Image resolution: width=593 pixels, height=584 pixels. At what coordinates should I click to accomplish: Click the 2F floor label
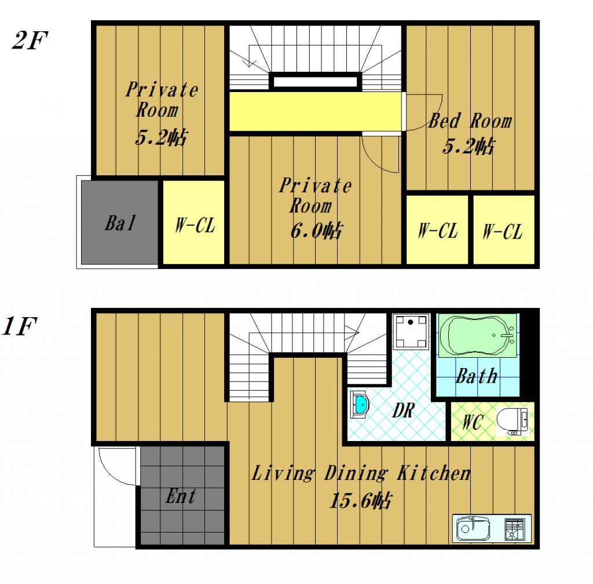30,40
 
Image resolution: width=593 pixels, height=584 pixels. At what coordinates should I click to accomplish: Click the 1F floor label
19,326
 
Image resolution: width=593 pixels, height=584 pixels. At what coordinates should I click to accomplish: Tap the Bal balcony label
120,223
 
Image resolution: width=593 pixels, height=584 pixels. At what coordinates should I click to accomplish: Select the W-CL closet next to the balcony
194,222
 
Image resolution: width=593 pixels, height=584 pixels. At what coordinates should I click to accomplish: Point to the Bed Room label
470,121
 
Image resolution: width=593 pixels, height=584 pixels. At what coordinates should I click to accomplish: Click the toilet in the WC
512,421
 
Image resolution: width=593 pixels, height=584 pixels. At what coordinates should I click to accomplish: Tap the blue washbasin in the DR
360,405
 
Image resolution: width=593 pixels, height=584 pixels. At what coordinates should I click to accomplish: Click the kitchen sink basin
473,528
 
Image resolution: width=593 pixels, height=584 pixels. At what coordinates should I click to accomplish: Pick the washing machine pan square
411,331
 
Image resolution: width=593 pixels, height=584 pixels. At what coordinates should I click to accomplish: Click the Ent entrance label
181,496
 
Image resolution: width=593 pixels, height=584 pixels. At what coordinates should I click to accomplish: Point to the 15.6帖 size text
361,501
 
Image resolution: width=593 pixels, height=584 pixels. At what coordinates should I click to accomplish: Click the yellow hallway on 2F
315,111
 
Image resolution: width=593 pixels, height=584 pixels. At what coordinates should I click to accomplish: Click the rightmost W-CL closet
503,230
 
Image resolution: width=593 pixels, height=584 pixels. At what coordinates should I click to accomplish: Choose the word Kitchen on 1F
434,473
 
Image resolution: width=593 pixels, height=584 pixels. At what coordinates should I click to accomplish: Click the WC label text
473,421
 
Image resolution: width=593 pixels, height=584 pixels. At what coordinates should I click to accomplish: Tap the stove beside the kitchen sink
515,529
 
